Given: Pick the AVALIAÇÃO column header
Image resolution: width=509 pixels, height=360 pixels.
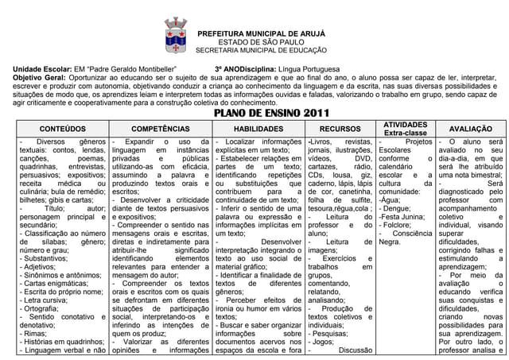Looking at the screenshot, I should click(x=470, y=128).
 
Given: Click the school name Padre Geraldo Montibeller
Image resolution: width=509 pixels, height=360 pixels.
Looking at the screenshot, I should click(x=131, y=69).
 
